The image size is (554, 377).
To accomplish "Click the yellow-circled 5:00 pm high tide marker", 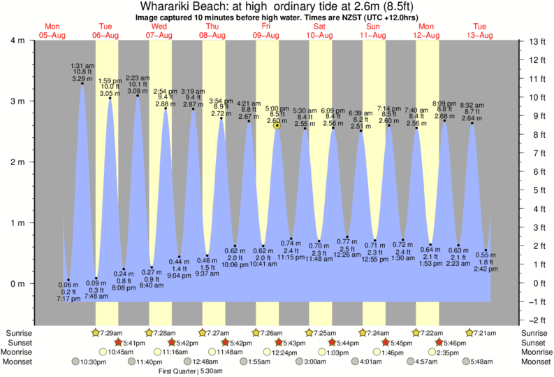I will point(277,125).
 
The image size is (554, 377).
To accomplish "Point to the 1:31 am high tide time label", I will point(82,66).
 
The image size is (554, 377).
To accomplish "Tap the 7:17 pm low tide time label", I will point(68,299).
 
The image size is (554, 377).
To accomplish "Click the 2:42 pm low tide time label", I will point(486,269).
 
